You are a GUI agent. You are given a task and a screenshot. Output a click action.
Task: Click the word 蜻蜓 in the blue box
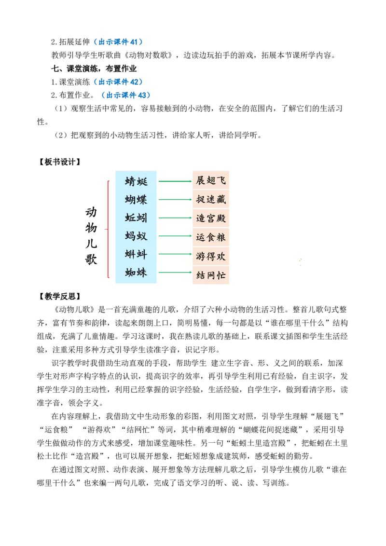[136, 181]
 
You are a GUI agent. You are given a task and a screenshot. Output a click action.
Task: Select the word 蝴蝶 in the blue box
[136, 199]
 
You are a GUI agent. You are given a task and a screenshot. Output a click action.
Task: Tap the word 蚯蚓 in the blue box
[136, 218]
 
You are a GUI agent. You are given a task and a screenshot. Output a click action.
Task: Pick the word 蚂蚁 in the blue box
[136, 236]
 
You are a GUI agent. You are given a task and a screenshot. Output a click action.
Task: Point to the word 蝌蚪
[136, 254]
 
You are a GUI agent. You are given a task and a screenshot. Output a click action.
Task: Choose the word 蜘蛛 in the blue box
[136, 273]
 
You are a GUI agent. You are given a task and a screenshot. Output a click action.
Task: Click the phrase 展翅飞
[211, 180]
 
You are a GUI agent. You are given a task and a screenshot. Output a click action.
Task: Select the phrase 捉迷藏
[211, 199]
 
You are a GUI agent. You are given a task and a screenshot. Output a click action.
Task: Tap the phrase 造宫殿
[211, 218]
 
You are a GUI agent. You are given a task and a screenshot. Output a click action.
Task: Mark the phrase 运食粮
[211, 237]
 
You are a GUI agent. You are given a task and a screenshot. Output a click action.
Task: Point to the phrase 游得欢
[211, 256]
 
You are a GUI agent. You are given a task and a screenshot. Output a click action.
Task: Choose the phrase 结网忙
[211, 275]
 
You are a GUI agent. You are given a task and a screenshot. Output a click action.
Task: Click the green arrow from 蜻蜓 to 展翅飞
[175, 181]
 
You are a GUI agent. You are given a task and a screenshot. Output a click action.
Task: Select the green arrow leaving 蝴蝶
[175, 199]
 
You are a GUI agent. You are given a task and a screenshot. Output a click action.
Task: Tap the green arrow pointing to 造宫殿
[175, 218]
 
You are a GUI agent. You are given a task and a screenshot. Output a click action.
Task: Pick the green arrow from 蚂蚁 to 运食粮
[175, 237]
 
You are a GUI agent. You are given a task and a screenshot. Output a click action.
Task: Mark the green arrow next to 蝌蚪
[175, 253]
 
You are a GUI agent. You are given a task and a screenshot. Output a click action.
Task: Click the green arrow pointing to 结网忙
[175, 272]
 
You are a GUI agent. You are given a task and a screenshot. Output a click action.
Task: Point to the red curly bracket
[108, 230]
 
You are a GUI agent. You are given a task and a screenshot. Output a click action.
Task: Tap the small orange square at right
[301, 260]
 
